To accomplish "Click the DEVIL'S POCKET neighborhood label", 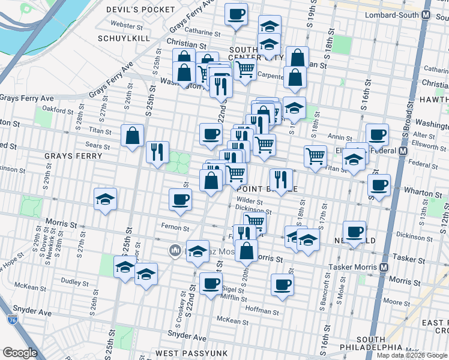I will tap(149, 10).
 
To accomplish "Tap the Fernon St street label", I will tap(176, 228).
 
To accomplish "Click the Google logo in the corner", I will tap(20, 353).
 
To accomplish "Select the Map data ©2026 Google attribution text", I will tap(412, 355).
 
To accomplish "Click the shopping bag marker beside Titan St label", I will tap(132, 136).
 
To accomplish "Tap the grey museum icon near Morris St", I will tap(175, 250).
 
